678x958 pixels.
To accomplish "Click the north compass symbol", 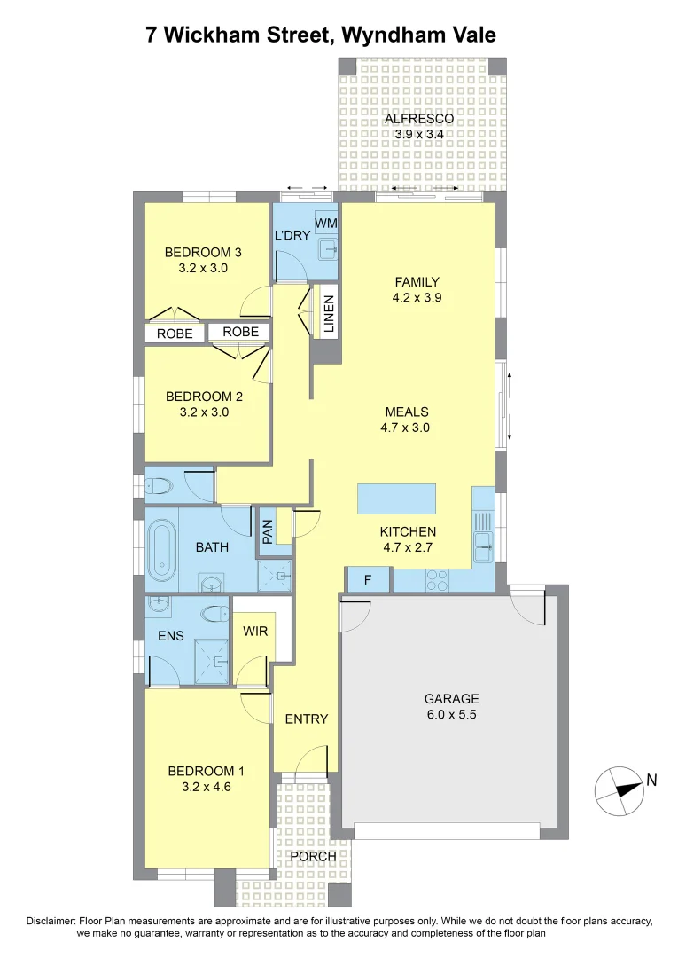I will tap(619, 791).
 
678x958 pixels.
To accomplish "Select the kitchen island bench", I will tap(397, 499).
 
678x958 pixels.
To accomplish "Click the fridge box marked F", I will tap(367, 581).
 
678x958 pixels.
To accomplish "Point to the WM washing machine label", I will tap(325, 222).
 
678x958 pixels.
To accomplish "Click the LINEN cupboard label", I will tap(329, 315).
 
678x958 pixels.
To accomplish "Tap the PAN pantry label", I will tap(266, 530).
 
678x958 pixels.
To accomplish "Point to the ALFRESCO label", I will tap(418, 119).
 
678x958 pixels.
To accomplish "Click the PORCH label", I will tap(314, 856).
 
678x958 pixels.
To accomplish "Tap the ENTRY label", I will tap(307, 718).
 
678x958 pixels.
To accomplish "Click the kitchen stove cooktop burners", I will tap(438, 581).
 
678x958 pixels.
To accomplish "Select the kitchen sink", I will tap(483, 541).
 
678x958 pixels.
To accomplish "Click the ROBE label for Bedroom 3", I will tap(175, 334).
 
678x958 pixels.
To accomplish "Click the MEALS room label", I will tap(407, 412).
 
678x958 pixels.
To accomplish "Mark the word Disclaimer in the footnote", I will tap(52, 922).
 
